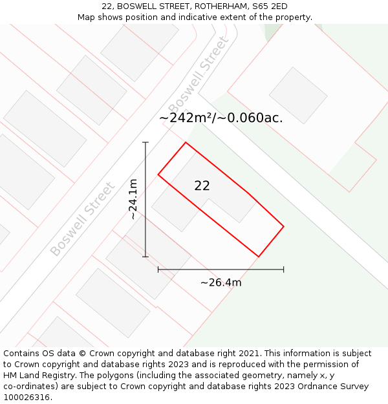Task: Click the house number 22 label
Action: (202, 186)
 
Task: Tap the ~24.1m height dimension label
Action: (133, 199)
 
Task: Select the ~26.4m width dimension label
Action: (221, 282)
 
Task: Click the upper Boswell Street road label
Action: (199, 74)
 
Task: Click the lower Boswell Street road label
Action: (82, 218)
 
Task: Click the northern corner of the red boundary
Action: (186, 142)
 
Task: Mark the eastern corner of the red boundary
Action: (284, 226)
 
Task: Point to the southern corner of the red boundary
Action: (259, 257)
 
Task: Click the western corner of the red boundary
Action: (158, 174)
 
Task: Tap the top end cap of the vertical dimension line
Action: (145, 142)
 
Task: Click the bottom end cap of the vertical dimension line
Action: (145, 257)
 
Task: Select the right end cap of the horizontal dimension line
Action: (284, 269)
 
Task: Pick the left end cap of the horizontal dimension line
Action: (158, 269)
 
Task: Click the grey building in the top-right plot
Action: (298, 95)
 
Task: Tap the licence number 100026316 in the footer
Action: (27, 397)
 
